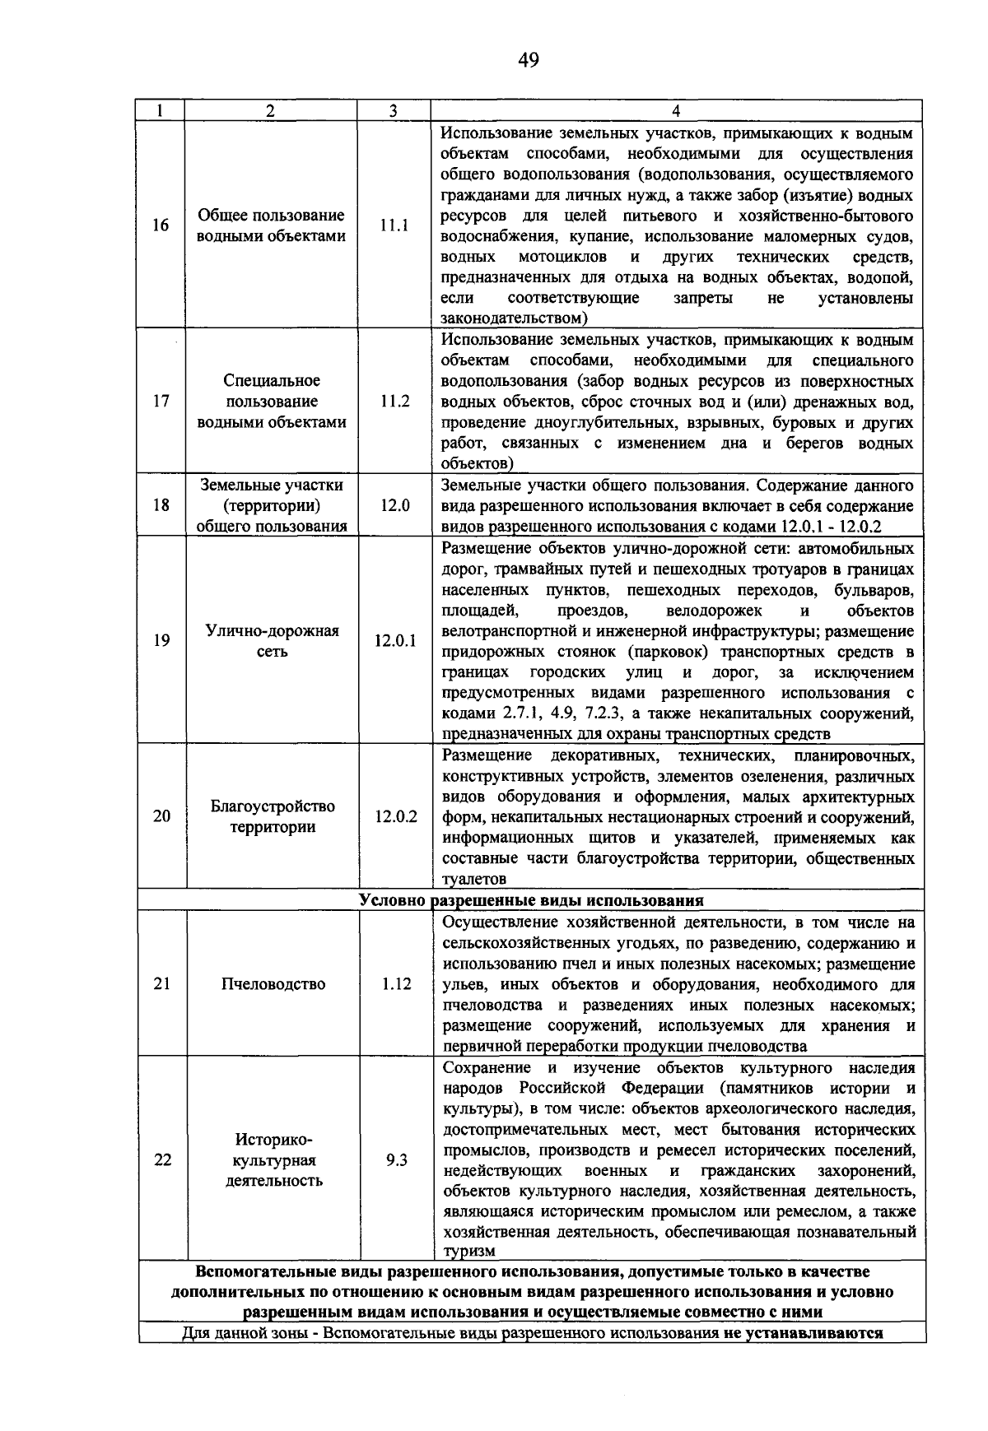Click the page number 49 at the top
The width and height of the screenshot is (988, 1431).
[x=529, y=59]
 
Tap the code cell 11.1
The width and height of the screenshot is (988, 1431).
[x=394, y=225]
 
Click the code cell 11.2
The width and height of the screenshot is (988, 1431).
[x=394, y=402]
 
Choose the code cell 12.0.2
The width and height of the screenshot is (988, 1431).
[x=395, y=816]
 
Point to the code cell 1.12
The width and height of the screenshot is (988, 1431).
[x=396, y=984]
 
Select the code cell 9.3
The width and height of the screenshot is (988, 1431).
[x=396, y=1160]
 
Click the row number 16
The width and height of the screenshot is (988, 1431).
[x=161, y=225]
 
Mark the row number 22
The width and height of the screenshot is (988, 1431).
[x=162, y=1160]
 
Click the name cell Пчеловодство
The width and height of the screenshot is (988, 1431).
[x=273, y=984]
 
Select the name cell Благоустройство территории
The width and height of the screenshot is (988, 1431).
[x=273, y=816]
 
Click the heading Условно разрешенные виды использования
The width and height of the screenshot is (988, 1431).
[x=531, y=899]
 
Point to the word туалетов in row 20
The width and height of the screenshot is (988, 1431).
[x=473, y=880]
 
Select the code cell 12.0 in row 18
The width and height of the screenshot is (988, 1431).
[x=394, y=505]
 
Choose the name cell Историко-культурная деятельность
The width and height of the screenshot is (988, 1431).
[x=273, y=1160]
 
